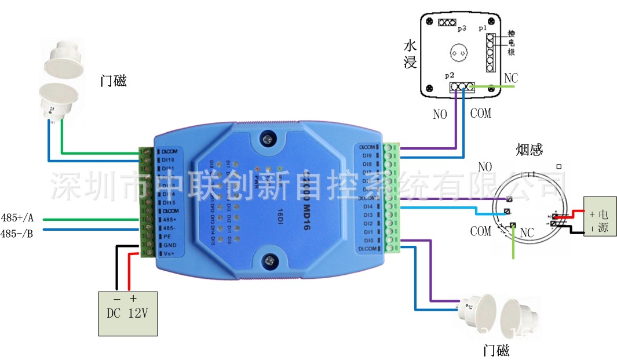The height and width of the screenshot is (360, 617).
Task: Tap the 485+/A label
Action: pyautogui.click(x=17, y=218)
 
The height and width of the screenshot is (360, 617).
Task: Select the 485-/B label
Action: pyautogui.click(x=17, y=234)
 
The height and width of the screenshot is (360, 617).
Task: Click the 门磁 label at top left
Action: pyautogui.click(x=114, y=82)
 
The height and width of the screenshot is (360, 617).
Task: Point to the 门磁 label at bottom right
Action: pyautogui.click(x=496, y=350)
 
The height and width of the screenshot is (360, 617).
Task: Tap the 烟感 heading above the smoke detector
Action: pyautogui.click(x=529, y=151)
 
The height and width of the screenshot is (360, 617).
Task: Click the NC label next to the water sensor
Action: pyautogui.click(x=511, y=78)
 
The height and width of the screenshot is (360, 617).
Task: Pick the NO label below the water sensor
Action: pyautogui.click(x=440, y=114)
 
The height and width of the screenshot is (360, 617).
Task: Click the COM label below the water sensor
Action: pyautogui.click(x=480, y=113)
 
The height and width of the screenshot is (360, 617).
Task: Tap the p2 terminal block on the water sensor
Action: pyautogui.click(x=461, y=87)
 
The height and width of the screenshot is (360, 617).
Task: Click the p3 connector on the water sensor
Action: pyautogui.click(x=447, y=23)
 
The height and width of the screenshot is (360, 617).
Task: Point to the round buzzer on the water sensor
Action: pyautogui.click(x=458, y=53)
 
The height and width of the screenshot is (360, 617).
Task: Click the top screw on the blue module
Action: pyautogui.click(x=268, y=139)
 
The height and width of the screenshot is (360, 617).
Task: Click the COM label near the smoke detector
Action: pyautogui.click(x=480, y=231)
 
